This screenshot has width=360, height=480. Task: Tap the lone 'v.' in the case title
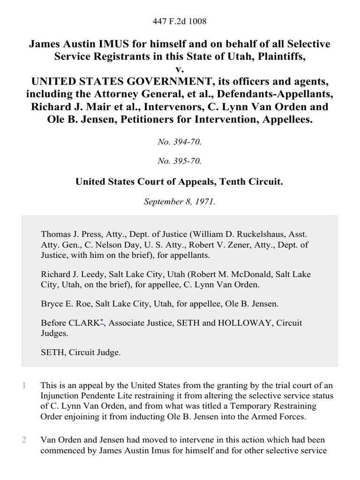(x=180, y=69)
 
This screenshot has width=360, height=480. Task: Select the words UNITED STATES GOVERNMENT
(x=108, y=82)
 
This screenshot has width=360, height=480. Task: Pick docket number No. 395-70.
(x=180, y=161)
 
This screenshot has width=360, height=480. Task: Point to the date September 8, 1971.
(x=180, y=202)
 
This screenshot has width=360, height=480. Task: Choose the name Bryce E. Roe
(x=63, y=304)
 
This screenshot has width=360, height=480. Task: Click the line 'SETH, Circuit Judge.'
(x=81, y=352)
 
